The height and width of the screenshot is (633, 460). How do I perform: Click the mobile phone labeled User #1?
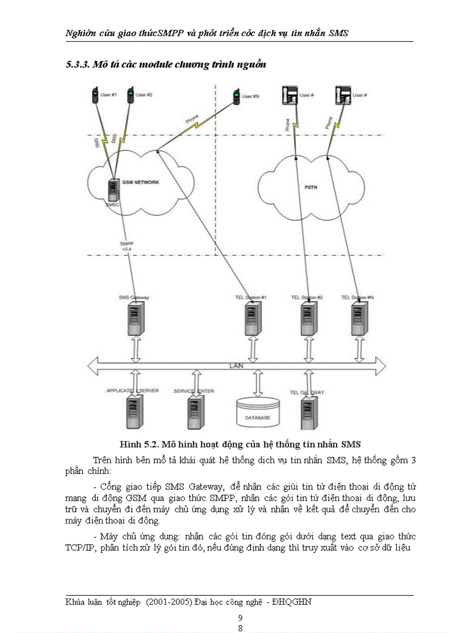click(x=94, y=95)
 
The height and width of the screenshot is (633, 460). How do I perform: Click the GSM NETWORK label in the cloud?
click(x=141, y=183)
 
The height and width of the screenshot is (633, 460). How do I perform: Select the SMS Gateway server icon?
click(x=134, y=319)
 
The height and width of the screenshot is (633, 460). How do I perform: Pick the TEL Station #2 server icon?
click(x=307, y=319)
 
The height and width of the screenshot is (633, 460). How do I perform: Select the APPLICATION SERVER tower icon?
click(x=134, y=412)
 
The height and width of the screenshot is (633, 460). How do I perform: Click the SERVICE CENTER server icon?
click(x=194, y=412)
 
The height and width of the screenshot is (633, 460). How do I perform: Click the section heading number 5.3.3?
click(x=78, y=65)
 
